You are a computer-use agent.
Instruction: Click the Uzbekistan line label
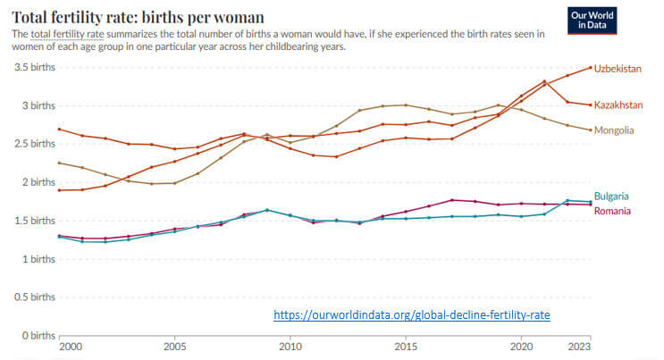(618, 68)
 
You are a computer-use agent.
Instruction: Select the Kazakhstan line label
(618, 105)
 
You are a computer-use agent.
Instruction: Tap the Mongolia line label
(615, 130)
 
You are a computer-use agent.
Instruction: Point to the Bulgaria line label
(613, 197)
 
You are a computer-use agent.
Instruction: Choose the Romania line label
(614, 211)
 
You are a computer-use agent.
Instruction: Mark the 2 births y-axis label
(37, 182)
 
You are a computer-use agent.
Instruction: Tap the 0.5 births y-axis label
(33, 297)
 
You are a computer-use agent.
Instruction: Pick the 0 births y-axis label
(37, 336)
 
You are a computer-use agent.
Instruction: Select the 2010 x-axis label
(290, 347)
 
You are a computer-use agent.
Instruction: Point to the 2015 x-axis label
(405, 347)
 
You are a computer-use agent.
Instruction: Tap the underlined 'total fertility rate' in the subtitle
(61, 33)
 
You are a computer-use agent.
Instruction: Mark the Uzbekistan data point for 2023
(591, 67)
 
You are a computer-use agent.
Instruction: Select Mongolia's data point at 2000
(59, 163)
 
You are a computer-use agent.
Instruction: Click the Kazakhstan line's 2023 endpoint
(591, 105)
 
